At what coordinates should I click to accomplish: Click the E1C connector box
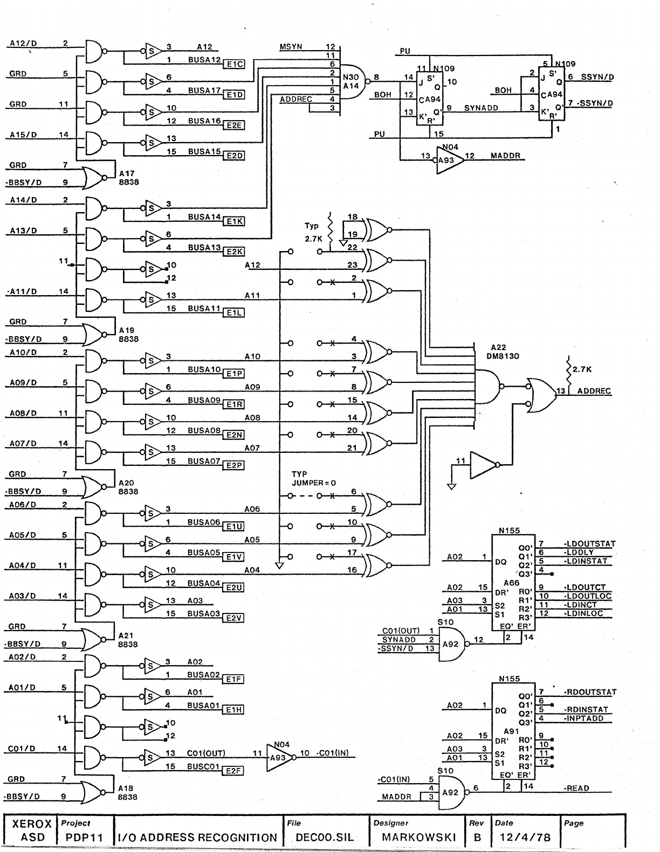coord(235,64)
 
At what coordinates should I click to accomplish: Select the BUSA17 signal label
coord(204,90)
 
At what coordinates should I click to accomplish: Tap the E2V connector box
coord(233,618)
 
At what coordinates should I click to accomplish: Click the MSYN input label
coord(291,47)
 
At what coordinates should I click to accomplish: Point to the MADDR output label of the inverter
coord(504,156)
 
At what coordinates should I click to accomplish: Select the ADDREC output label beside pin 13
coord(594,391)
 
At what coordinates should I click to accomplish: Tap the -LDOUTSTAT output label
coord(589,544)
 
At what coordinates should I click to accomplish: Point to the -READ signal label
coord(576,788)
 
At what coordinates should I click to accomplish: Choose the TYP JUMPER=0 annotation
coord(313,478)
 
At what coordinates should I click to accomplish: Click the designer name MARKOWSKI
coord(418,837)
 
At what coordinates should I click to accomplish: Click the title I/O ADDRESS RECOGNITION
coord(198,837)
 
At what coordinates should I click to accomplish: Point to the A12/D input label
coord(23,44)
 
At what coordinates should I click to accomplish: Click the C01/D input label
coord(22,749)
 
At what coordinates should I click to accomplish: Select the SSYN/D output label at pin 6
coord(597,77)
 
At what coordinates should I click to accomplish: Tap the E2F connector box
coord(233,771)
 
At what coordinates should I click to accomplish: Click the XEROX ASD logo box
coord(32,830)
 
